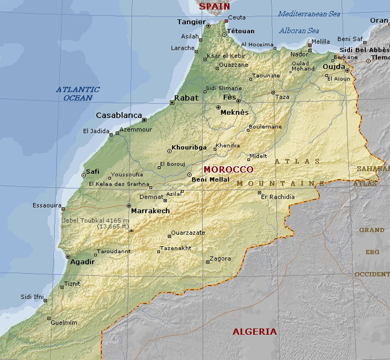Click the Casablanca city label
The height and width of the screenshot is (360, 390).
[118, 115]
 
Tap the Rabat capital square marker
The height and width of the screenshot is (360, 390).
[172, 103]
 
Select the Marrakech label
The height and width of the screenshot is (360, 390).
[150, 211]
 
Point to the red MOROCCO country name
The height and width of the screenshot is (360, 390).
[228, 170]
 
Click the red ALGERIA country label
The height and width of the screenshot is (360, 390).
[254, 331]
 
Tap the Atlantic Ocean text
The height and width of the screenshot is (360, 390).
[78, 94]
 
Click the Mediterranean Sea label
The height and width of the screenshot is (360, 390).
[309, 14]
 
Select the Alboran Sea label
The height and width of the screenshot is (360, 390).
[299, 31]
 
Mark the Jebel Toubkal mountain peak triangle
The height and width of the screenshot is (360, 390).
[131, 231]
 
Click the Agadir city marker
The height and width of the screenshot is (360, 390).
[68, 257]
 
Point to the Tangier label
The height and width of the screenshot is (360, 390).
[191, 22]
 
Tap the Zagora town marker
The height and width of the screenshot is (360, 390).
[208, 262]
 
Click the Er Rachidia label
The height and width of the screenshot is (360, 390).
[278, 197]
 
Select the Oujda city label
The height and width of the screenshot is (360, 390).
[334, 67]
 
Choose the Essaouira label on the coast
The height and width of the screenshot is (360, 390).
[46, 205]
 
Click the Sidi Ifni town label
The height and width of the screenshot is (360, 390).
[32, 297]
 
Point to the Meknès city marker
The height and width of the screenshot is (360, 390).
[218, 107]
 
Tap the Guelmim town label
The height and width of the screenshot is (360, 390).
[64, 322]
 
